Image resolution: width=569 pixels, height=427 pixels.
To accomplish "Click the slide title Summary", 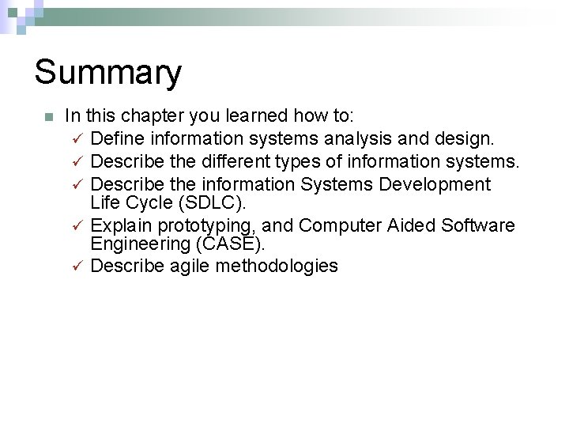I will (107, 72).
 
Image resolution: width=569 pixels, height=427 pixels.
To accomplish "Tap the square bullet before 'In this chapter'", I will (48, 117).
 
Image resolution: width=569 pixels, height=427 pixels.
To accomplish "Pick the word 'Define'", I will (117, 139).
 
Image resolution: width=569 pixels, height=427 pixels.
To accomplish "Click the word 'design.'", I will (465, 139).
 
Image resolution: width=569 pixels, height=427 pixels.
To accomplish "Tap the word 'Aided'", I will (412, 226).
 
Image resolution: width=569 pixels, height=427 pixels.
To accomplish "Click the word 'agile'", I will (190, 266).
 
